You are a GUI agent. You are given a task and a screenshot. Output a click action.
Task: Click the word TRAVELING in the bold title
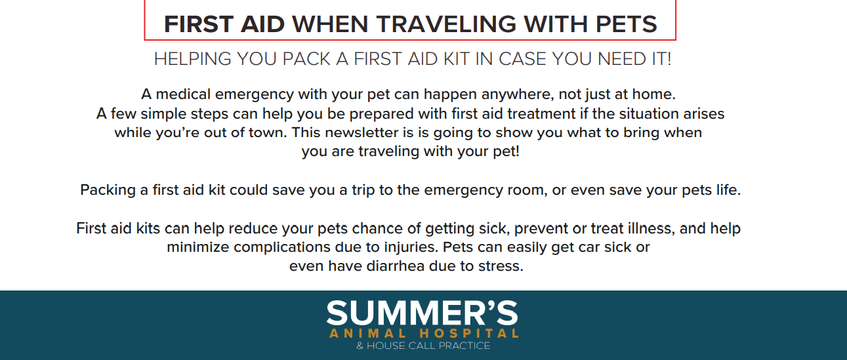[446, 24]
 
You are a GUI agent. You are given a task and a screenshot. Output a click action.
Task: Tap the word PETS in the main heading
[626, 24]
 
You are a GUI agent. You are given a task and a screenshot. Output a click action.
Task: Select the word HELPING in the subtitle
[192, 59]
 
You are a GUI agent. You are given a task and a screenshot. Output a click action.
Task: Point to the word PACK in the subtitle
[306, 59]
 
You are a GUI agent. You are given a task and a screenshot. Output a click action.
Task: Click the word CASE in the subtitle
[522, 59]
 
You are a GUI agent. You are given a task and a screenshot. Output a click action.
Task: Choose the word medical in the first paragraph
[183, 94]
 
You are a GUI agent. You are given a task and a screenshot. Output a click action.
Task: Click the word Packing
[108, 190]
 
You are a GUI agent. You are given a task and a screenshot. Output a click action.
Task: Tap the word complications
[282, 248]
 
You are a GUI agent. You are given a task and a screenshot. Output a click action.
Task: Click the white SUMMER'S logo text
[423, 313]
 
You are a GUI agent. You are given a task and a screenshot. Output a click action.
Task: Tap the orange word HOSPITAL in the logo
[469, 334]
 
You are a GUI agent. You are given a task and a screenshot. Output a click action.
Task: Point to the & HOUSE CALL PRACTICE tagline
[423, 346]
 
